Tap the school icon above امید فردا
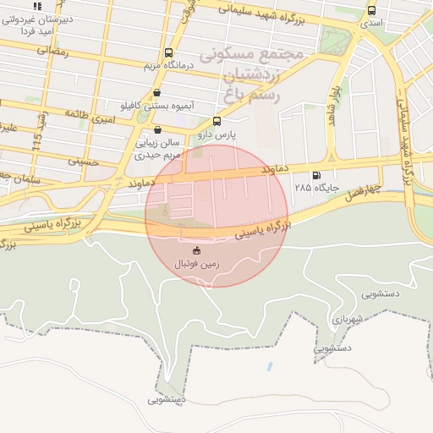click(36, 6)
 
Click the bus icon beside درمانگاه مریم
click(168, 52)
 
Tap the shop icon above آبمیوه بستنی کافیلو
click(156, 93)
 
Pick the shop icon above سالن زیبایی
click(158, 130)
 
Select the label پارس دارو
click(216, 134)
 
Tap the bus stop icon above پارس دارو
click(216, 121)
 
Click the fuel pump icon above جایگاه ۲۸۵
click(316, 176)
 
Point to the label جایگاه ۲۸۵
click(316, 188)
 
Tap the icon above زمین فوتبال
click(197, 250)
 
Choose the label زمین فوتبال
click(197, 264)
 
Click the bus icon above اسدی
click(371, 10)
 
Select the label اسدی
click(371, 23)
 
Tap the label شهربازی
click(348, 319)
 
